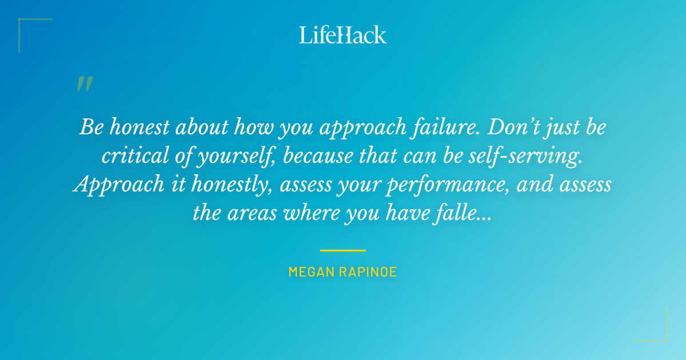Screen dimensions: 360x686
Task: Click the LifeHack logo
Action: click(343, 35)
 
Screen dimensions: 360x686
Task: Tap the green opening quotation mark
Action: click(85, 84)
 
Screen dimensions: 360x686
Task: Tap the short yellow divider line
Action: click(343, 250)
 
